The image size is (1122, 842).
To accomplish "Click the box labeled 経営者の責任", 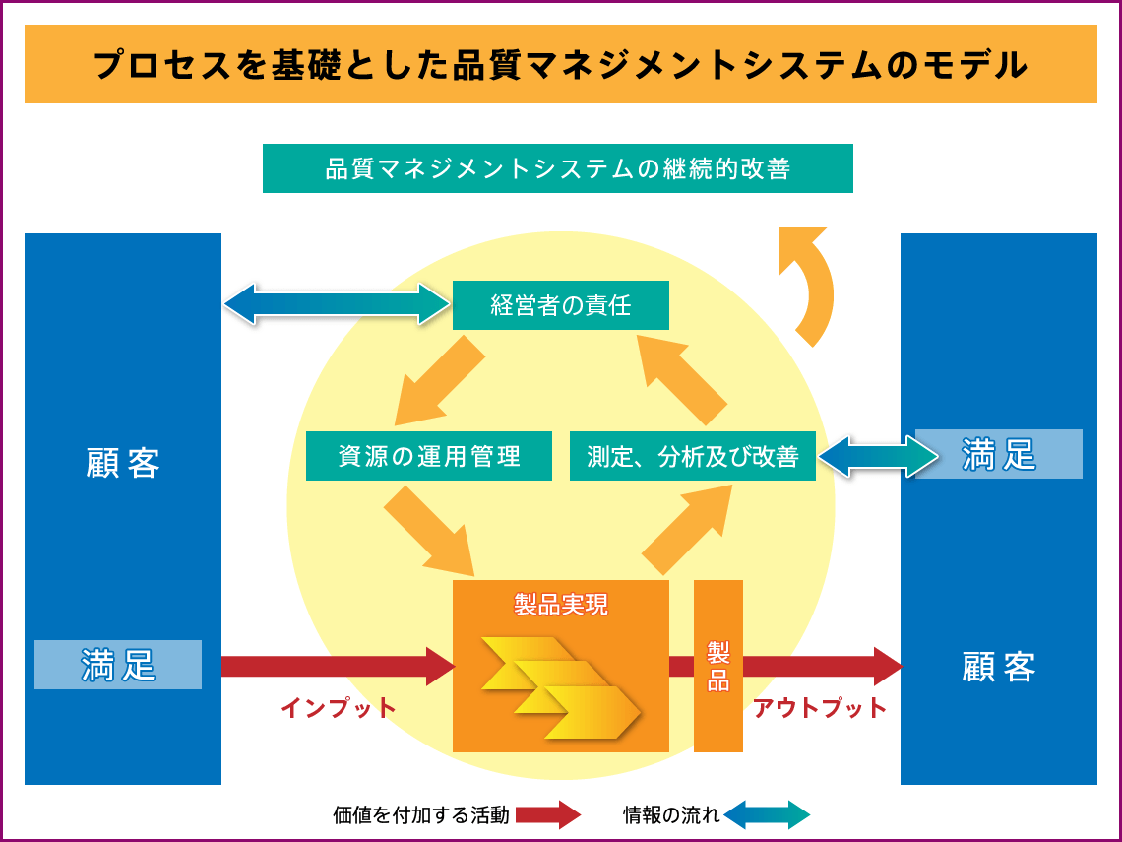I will click(560, 305).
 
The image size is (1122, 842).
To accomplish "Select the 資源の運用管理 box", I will click(429, 456).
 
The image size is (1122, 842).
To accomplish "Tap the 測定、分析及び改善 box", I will click(692, 456).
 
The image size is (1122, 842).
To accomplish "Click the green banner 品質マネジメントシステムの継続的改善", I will click(557, 168).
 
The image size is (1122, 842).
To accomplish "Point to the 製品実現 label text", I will click(561, 604).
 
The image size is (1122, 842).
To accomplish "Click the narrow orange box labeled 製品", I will click(717, 666).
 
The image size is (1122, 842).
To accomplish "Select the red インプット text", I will click(338, 707).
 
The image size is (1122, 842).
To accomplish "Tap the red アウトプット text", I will click(820, 707).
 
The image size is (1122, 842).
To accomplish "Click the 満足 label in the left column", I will click(118, 665).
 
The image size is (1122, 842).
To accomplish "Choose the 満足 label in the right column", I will click(998, 454).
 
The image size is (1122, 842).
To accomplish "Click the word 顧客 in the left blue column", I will click(123, 463).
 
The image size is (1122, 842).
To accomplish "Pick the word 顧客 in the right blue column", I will click(998, 667).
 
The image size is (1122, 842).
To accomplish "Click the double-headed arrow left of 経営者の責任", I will click(337, 304).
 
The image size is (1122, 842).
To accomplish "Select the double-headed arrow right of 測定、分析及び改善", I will click(878, 457).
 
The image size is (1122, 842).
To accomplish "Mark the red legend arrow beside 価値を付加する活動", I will click(548, 814).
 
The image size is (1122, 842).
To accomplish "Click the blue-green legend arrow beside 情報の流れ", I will click(767, 814).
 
